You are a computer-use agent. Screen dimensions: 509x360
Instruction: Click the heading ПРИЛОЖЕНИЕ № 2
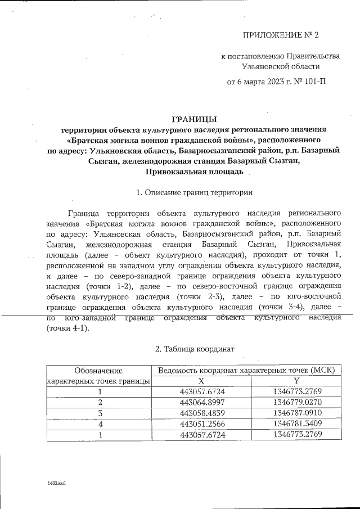(x=280, y=35)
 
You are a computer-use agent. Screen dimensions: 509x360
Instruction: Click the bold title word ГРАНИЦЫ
(x=193, y=119)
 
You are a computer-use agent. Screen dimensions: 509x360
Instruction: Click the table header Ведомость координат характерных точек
(x=246, y=370)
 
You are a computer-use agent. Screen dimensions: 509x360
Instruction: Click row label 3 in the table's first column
(x=100, y=413)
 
